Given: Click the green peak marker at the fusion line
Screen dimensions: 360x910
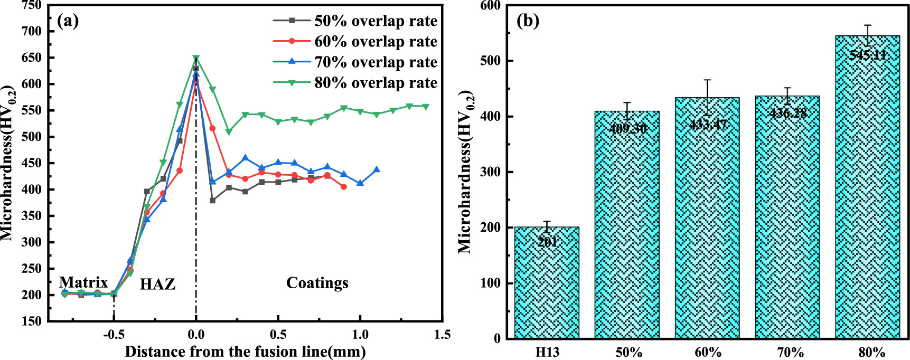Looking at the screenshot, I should tap(196, 58).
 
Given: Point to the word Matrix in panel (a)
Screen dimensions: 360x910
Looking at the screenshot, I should tap(83, 282).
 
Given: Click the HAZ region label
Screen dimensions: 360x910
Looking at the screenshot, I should tap(157, 285).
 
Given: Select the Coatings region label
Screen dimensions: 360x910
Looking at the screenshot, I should tap(317, 283).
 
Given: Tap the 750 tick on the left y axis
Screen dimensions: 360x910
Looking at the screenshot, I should tap(31, 5).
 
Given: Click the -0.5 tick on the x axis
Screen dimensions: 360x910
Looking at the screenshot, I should tap(114, 335).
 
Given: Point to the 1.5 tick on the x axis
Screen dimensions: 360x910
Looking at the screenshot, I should tap(443, 335).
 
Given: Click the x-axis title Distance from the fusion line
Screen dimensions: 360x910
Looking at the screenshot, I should tap(245, 352).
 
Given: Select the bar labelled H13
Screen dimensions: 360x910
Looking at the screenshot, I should tap(547, 282).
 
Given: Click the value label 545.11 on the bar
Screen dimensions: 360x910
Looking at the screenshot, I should tap(868, 54).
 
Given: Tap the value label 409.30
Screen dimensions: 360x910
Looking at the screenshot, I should tap(627, 128).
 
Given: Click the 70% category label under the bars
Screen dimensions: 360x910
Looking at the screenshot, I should tap(790, 352).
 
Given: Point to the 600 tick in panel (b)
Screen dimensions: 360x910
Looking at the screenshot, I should tap(491, 5).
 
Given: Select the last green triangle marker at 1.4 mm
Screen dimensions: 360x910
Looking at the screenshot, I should tap(426, 107).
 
